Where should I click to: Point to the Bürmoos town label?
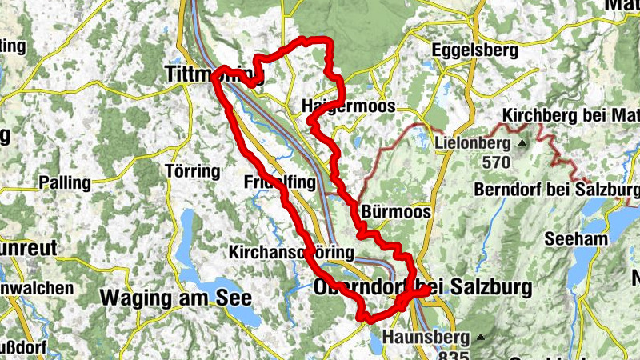point(396,212)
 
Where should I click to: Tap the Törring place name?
point(190,171)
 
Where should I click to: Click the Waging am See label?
point(176,298)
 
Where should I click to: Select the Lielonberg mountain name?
point(473,144)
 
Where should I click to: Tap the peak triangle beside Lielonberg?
point(523,143)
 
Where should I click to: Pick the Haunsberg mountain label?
point(427,337)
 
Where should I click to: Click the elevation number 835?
point(454,354)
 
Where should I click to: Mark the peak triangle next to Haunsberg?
point(481,336)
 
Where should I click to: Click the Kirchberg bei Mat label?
point(570,116)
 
